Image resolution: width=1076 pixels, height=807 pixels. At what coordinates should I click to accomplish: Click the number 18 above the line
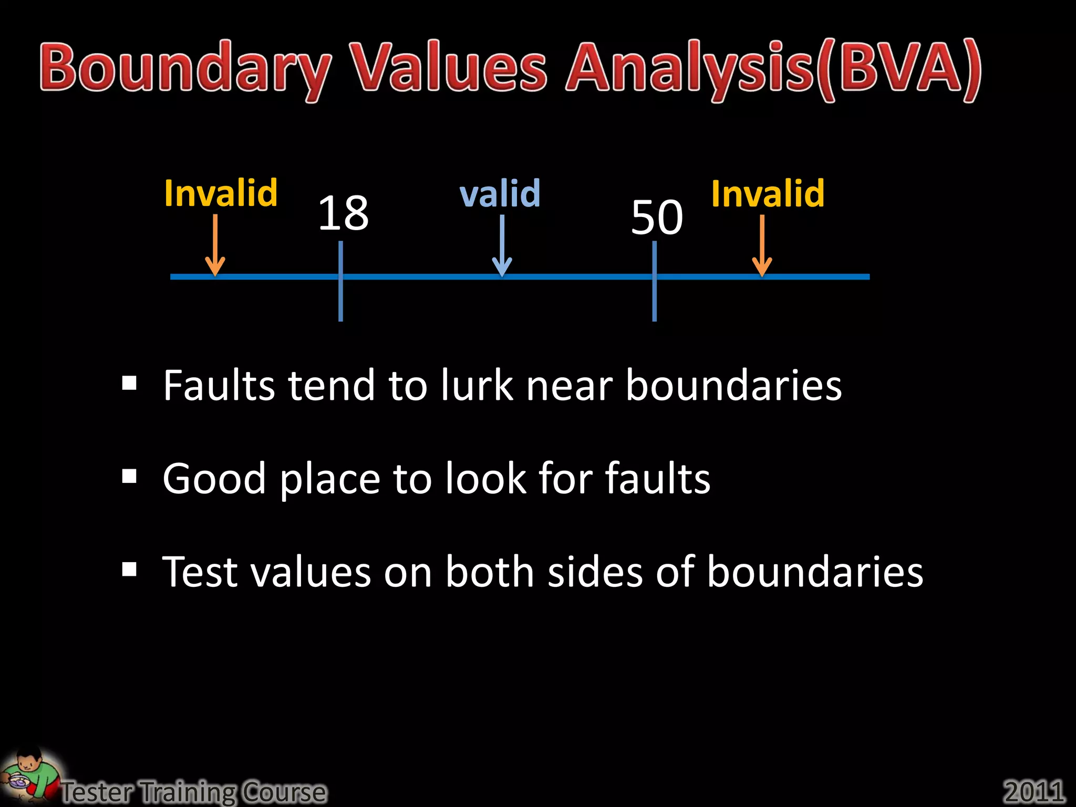[x=344, y=212]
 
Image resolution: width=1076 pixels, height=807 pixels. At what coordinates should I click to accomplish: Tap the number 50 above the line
[x=657, y=217]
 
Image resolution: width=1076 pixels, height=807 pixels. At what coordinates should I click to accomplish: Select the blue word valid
[x=500, y=193]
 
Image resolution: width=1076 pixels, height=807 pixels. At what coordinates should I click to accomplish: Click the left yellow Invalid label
[x=221, y=193]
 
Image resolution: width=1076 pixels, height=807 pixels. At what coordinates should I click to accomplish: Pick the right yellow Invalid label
[x=768, y=193]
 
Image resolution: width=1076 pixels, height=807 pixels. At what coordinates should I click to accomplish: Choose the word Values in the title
[x=450, y=68]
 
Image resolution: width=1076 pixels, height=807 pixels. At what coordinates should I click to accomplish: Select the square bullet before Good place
[x=129, y=477]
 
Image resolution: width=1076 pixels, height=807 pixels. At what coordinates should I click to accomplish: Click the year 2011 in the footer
[x=1034, y=791]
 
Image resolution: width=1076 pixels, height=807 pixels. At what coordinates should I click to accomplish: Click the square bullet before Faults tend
[x=129, y=384]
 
